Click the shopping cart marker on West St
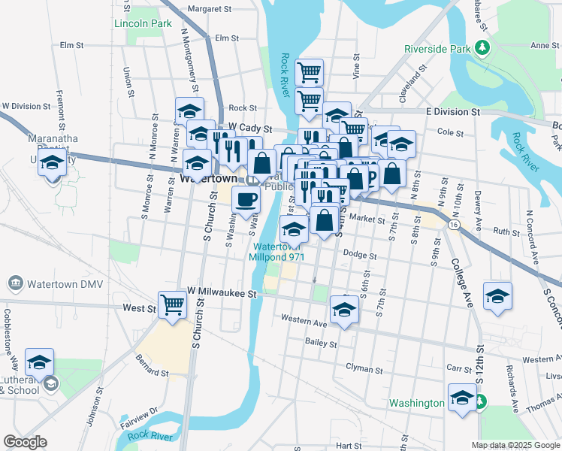173,304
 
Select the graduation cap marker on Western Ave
344,309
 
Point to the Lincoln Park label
143,24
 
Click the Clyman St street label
364,368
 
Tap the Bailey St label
321,343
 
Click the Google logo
25,442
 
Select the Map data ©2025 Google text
515,445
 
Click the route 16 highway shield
455,224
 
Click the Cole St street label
449,132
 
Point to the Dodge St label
359,255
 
